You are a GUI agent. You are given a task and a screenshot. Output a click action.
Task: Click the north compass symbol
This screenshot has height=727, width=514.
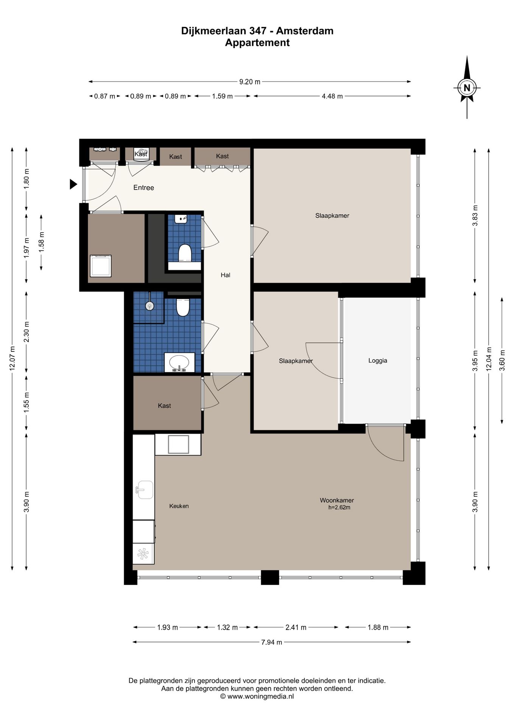coord(467,87)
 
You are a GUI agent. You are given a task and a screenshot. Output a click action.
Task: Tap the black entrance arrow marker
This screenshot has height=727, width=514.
coord(73,184)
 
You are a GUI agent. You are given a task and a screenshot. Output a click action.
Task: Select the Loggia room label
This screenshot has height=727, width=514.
coord(378,360)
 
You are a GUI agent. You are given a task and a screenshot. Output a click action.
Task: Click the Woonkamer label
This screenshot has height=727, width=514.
coord(337,500)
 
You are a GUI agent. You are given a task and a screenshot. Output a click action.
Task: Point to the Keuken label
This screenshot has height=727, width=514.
coord(179,506)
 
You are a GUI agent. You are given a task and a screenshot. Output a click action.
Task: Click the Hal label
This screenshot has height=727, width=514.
coord(226,275)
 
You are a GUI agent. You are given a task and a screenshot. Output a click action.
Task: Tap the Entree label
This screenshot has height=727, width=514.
coord(144,187)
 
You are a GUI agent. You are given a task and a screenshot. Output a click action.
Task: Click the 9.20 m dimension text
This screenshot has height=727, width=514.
coord(250,81)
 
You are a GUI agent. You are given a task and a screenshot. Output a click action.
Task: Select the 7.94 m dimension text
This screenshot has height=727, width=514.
coord(271,642)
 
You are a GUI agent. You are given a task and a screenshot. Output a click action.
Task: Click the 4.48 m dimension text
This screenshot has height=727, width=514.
coord(332,96)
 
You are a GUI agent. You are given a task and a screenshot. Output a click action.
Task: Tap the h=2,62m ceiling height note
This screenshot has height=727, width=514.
coord(340,507)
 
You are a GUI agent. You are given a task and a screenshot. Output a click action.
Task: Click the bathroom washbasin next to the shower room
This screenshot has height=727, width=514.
coord(179,362)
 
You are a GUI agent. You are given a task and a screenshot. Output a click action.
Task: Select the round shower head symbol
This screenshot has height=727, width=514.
coord(150,306)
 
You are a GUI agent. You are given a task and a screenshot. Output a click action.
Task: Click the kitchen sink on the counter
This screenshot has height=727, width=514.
coord(145,490)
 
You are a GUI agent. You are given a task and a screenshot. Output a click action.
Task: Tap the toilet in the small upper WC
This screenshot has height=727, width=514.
coord(185,253)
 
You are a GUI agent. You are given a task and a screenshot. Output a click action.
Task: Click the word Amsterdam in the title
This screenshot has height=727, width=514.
coord(305,31)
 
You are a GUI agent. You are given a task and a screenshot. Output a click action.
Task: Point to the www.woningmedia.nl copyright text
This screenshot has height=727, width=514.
coord(257,696)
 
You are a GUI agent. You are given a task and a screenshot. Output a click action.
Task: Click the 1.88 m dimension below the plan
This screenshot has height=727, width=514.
coord(378,627)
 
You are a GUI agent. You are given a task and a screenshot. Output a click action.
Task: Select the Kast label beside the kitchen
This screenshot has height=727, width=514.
coord(164,406)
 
